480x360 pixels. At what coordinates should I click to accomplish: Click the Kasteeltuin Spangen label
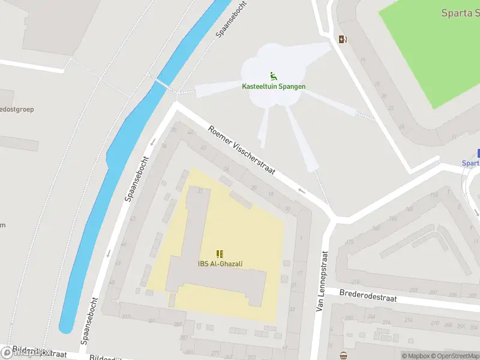pos(274,86)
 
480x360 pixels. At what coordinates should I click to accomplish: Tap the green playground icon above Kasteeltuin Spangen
pos(274,76)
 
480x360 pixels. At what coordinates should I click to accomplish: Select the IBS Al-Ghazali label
pos(220,263)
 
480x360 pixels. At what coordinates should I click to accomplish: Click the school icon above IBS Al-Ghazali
pos(220,254)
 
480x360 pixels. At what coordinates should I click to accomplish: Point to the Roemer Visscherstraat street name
pos(241,150)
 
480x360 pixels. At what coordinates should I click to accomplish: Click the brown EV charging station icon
pos(343,40)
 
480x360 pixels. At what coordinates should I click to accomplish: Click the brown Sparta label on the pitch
pos(460,13)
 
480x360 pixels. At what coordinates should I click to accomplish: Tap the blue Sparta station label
pos(471,163)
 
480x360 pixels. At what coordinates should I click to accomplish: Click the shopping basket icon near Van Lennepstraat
pos(343,355)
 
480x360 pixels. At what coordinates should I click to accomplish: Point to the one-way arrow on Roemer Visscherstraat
pos(301,191)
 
